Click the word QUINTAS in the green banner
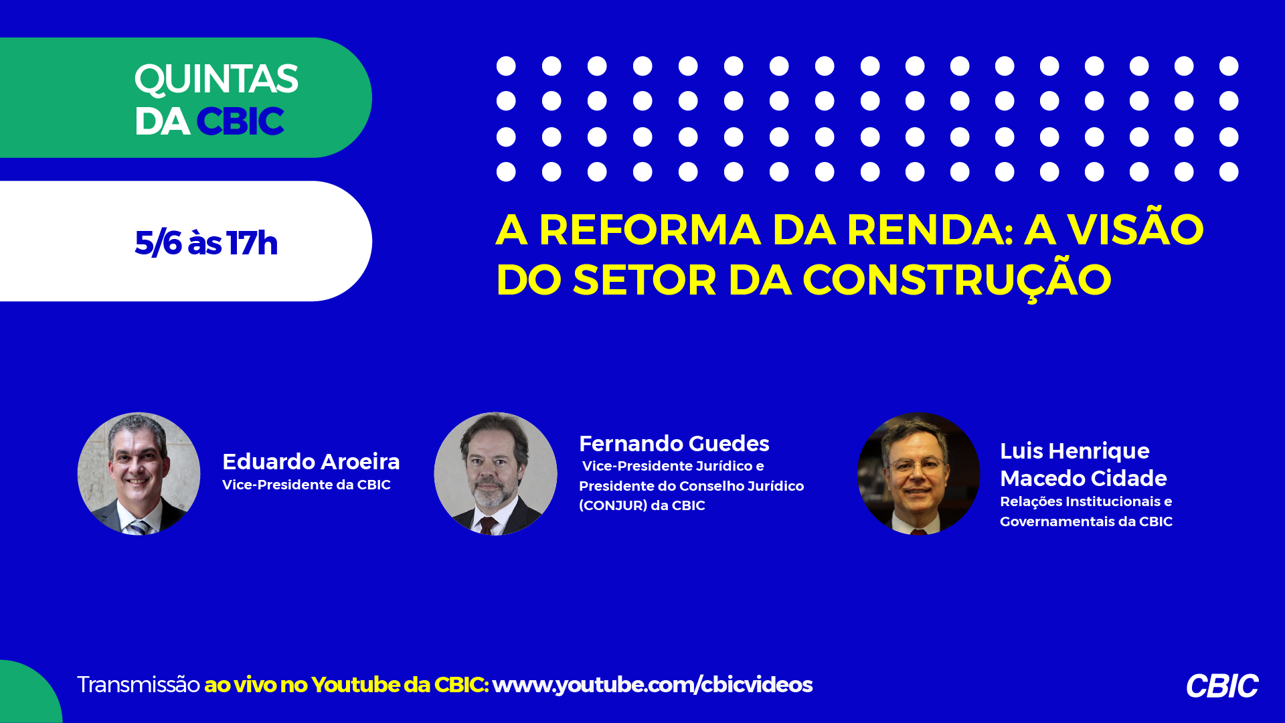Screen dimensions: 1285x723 point(216,80)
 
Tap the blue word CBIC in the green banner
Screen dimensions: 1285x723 point(240,121)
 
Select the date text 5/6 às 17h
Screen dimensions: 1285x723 point(206,242)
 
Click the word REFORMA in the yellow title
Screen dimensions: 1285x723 point(650,230)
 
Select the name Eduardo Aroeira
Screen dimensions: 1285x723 point(311,461)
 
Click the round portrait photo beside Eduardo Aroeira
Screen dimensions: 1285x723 point(139,473)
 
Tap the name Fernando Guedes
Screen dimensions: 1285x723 point(674,443)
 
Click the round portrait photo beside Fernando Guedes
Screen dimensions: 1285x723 point(495,473)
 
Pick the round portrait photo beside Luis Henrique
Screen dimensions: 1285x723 point(919,473)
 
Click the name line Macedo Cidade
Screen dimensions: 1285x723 point(1084,478)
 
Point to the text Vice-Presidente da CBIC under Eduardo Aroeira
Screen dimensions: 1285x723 point(307,485)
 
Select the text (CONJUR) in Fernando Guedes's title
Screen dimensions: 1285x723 point(613,505)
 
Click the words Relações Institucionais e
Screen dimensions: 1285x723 point(1086,501)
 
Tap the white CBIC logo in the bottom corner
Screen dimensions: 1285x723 point(1222,686)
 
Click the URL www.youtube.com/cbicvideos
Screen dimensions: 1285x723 point(653,685)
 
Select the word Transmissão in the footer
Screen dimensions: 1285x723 point(139,684)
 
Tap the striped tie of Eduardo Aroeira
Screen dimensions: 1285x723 point(139,527)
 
